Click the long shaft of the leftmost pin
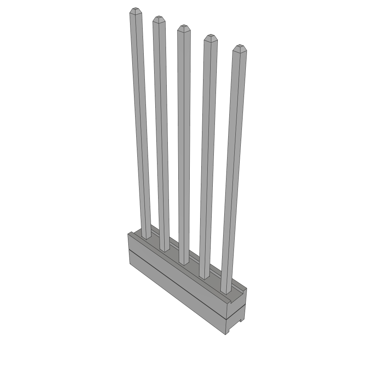(141, 126)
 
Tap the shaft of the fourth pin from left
(208, 155)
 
